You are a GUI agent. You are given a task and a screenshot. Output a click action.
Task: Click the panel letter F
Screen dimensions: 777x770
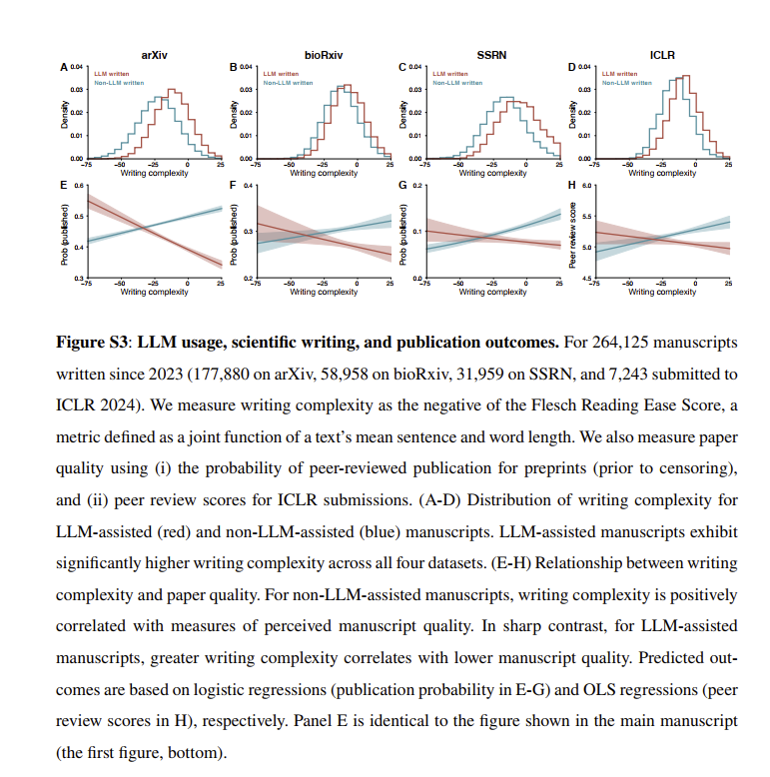click(x=234, y=186)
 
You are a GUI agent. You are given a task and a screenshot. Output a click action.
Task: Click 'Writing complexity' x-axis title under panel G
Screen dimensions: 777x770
click(x=491, y=292)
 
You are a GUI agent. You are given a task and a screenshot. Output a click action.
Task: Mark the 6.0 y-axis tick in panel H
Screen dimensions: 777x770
click(x=586, y=186)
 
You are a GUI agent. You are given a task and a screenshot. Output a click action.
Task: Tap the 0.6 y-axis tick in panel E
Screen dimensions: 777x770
click(x=79, y=186)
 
